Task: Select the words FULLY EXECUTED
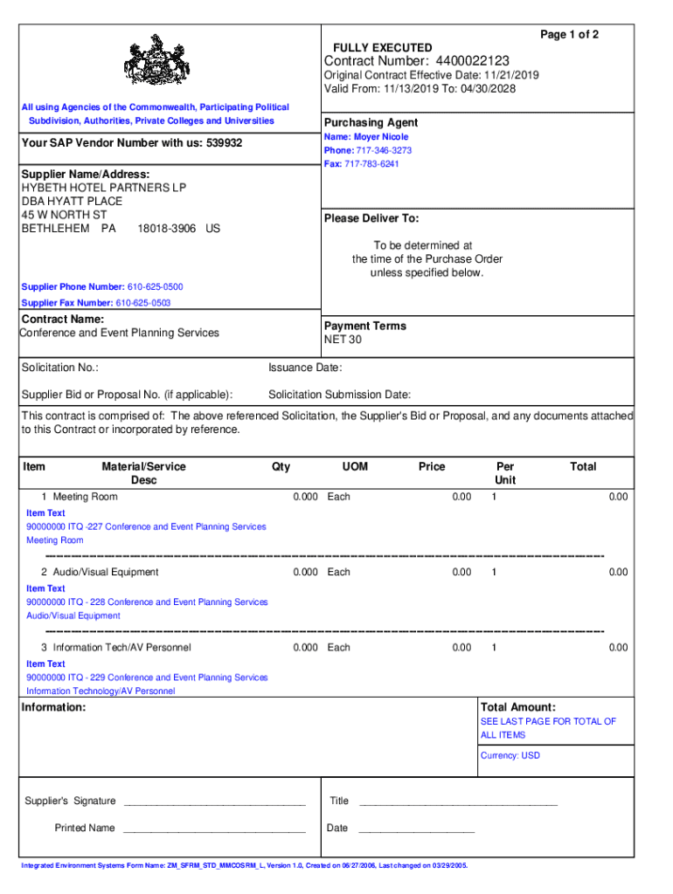coord(382,47)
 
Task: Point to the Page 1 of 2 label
coord(569,34)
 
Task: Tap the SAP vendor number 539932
coord(225,142)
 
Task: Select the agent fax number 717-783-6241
coord(371,164)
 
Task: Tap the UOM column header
coord(355,467)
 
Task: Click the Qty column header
coord(281,467)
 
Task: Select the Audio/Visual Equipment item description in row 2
coord(106,573)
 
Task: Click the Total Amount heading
coord(518,707)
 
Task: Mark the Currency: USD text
coord(510,756)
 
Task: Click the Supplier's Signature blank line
coord(214,801)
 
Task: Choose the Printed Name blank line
coord(214,829)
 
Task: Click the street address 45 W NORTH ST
coord(64,215)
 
